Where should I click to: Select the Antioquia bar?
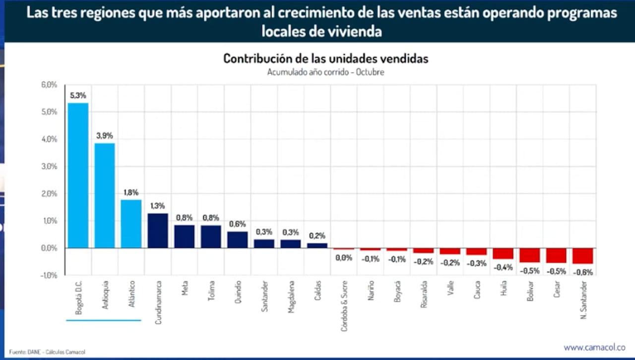[x=105, y=195]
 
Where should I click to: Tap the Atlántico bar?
[x=131, y=224]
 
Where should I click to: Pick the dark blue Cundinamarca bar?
[x=158, y=231]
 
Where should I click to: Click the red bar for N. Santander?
[x=582, y=256]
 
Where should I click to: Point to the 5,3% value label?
[x=78, y=95]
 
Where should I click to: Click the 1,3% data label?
[x=158, y=206]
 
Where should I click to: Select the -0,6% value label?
[x=582, y=272]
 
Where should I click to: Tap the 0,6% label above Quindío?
[x=237, y=224]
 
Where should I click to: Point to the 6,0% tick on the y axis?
[x=49, y=85]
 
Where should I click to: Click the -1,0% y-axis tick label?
[x=49, y=275]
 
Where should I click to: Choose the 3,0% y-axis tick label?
[x=49, y=167]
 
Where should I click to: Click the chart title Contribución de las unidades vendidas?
[x=325, y=59]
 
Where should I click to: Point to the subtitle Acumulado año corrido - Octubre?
[x=325, y=72]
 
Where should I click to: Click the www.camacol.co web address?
[x=594, y=348]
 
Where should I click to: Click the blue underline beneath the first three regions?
[x=104, y=320]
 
